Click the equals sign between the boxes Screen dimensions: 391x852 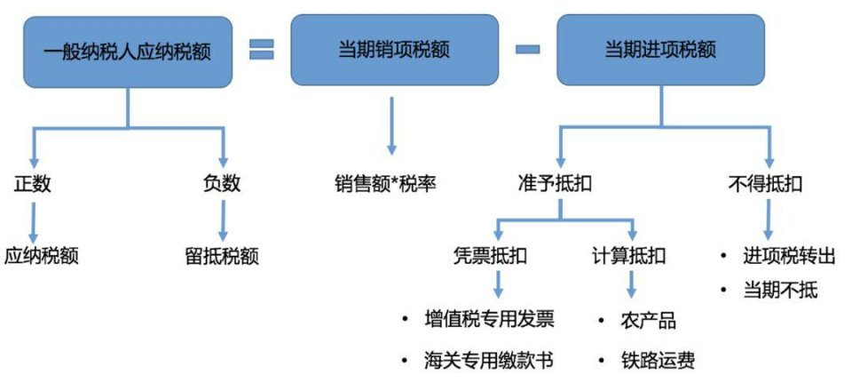260,51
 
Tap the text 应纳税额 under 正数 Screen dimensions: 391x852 41,257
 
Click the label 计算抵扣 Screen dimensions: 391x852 629,257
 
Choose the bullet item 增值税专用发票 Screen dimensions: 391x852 489,319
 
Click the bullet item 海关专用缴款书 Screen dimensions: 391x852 489,361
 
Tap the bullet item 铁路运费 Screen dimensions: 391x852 658,361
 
